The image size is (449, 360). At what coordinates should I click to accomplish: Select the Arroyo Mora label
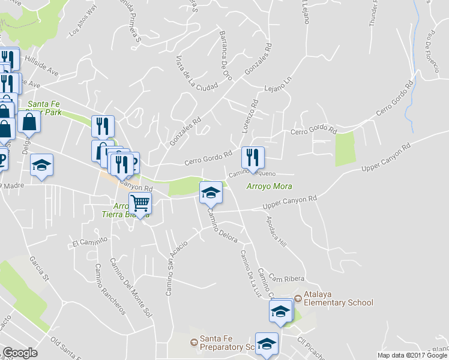269,186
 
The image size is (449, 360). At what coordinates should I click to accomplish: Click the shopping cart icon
140,204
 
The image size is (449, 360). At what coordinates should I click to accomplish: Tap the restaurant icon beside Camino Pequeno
253,157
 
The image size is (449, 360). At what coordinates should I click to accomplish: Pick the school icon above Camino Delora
211,192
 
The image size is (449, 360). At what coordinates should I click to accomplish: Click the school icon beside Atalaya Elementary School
281,310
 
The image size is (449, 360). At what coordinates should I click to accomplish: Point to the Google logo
20,352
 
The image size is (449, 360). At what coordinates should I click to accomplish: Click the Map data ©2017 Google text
412,355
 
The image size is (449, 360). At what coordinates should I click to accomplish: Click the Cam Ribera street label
287,278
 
